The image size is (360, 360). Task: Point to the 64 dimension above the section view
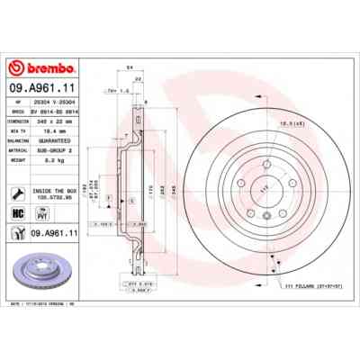[x=130, y=67]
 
